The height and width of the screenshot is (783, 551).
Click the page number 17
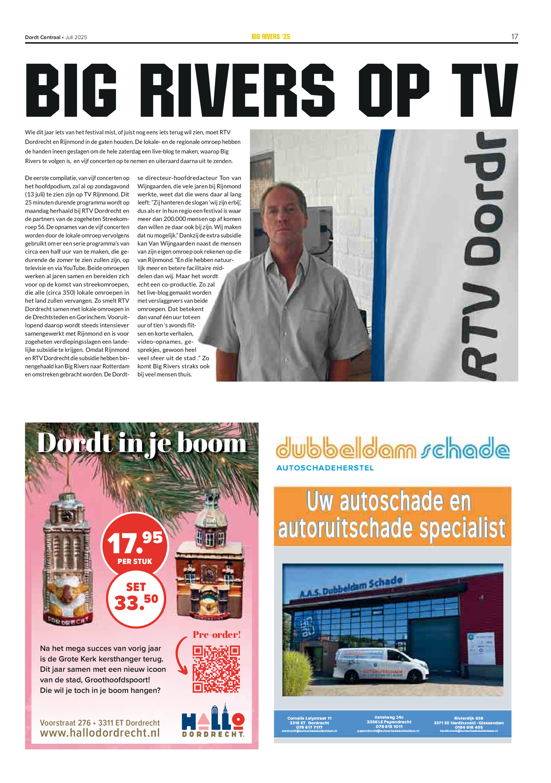(514, 37)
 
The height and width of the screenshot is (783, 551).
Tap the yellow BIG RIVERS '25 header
(271, 37)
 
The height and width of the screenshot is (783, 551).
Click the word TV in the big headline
(484, 90)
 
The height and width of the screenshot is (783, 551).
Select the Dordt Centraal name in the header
(43, 37)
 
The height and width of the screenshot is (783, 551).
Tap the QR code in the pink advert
(216, 669)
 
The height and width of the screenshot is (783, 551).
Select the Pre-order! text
(217, 635)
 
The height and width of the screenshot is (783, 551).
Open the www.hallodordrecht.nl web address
(100, 733)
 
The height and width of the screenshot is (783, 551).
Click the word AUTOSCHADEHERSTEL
(325, 468)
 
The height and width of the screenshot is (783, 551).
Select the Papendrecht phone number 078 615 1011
(389, 727)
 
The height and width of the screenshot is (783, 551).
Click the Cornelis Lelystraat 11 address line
(309, 718)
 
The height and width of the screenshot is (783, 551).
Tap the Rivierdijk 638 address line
(468, 718)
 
